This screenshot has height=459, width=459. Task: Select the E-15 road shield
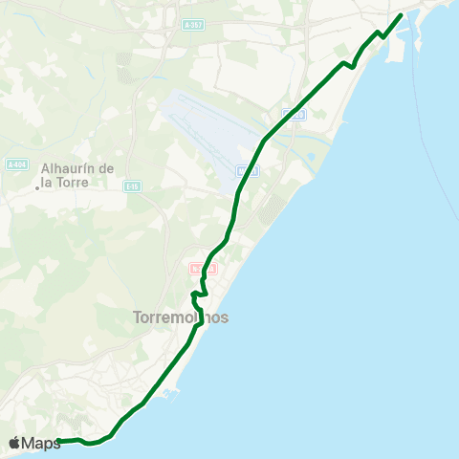(132, 186)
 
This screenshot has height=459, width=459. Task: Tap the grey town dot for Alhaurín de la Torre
(37, 187)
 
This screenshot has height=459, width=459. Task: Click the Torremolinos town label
(181, 317)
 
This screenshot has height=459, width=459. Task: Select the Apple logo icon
(14, 443)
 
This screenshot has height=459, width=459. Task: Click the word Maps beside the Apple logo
(41, 443)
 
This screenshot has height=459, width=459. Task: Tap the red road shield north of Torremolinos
(197, 268)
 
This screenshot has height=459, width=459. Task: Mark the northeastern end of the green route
(400, 14)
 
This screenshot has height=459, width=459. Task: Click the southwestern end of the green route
(59, 441)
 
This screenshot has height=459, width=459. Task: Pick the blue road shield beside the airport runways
(247, 170)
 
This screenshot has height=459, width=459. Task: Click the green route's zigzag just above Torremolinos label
(197, 294)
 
